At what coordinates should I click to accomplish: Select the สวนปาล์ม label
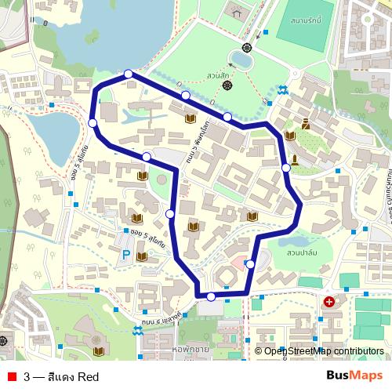click(302, 253)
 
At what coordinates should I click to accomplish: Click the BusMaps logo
click(354, 376)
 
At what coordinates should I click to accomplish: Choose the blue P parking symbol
click(125, 255)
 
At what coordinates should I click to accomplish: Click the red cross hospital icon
click(328, 302)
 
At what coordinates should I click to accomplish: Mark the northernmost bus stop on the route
click(129, 74)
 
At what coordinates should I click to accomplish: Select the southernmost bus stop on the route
click(211, 296)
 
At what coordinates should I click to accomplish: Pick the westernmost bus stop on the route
click(93, 123)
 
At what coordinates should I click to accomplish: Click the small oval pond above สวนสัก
click(241, 58)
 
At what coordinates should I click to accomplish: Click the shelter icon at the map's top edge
click(236, 10)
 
